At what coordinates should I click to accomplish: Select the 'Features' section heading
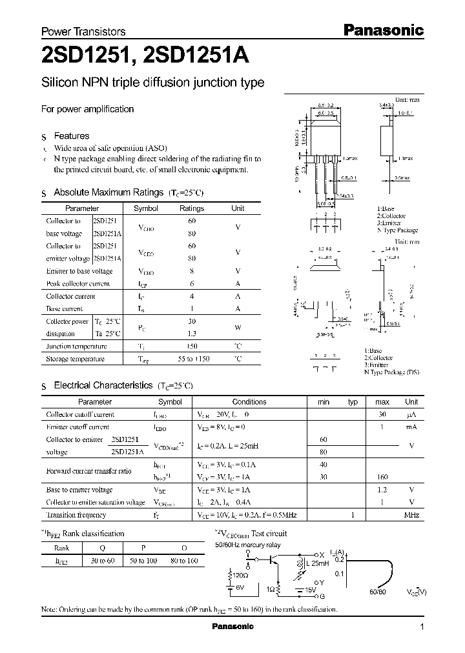pos(71,136)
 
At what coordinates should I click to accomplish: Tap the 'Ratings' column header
pos(192,208)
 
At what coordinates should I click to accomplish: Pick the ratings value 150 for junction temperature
pos(192,347)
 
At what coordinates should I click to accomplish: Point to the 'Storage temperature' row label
pos(75,359)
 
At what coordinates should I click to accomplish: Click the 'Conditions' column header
pos(249,402)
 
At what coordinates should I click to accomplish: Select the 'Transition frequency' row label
pos(76,515)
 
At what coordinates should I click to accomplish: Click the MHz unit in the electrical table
pos(411,515)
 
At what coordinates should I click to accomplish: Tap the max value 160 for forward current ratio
pos(382,477)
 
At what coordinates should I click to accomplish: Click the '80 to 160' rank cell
pos(183,561)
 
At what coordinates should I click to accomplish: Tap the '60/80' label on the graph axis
pos(379,591)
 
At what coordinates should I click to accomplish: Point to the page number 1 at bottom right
pos(422,627)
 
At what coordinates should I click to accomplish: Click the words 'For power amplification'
pos(87,109)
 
